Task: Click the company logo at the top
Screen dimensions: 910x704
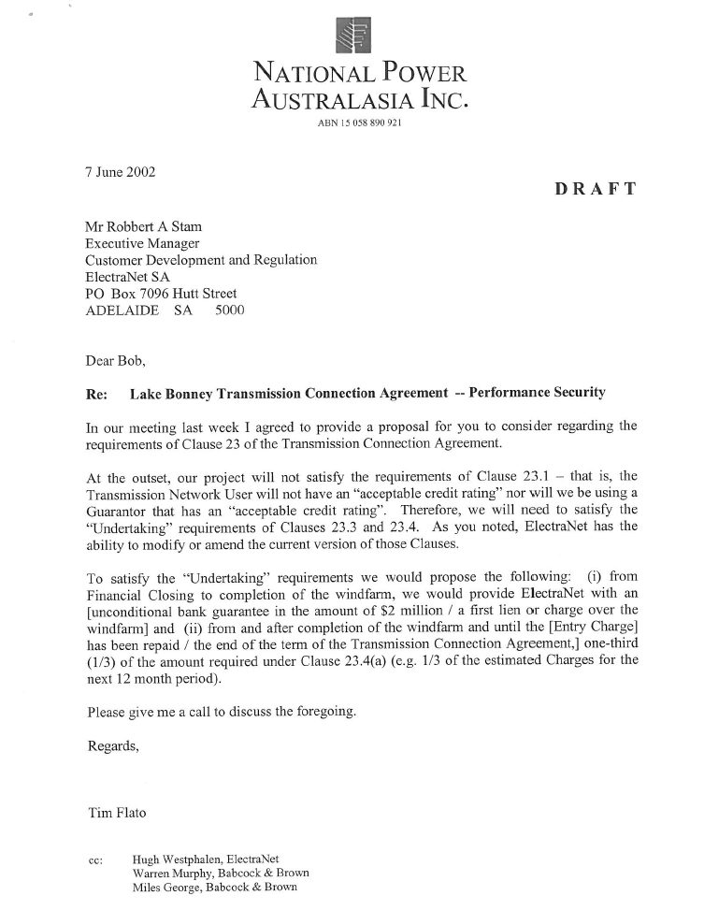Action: [352, 36]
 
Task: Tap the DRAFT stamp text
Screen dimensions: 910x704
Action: [596, 189]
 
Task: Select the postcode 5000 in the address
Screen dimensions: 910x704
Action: [229, 311]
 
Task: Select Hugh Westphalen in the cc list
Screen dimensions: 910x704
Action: [176, 859]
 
